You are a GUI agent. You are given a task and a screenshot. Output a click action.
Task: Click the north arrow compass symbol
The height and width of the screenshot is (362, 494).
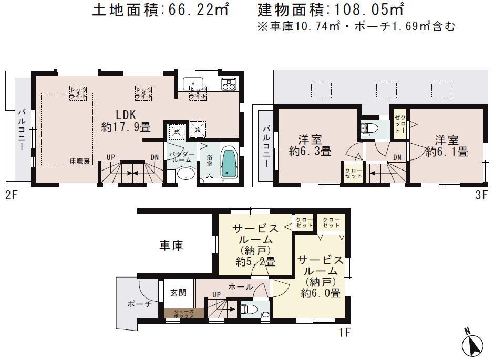tap(473, 343)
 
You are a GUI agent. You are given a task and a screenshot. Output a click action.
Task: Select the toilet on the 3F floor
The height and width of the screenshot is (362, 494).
tap(367, 127)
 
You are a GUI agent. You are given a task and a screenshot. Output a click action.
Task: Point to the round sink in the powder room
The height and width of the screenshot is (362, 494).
tap(184, 174)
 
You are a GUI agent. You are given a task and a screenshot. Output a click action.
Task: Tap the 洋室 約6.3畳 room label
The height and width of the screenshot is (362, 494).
tap(310, 146)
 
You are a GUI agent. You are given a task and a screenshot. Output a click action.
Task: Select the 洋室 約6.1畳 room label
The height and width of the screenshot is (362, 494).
tap(446, 146)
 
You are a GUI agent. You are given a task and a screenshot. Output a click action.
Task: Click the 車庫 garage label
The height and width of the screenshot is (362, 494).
tap(171, 245)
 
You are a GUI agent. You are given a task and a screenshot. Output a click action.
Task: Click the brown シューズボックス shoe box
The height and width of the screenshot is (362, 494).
tap(179, 314)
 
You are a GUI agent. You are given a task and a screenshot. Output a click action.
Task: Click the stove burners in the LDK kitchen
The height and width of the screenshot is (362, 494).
tap(230, 84)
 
